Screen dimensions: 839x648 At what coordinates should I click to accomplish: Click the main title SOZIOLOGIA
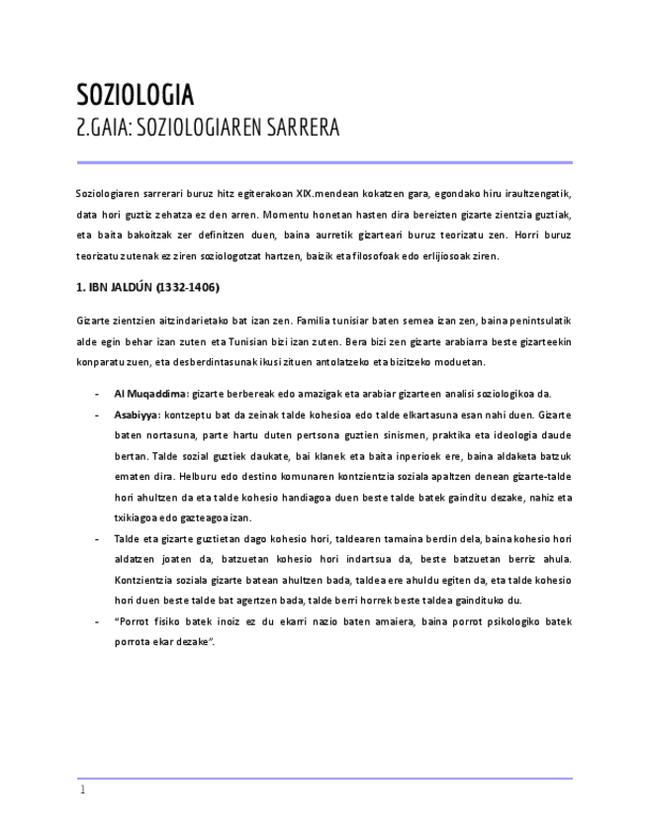pos(136,95)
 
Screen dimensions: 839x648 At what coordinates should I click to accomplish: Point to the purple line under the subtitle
pos(324,162)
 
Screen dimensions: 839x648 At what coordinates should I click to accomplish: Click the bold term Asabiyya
pos(136,415)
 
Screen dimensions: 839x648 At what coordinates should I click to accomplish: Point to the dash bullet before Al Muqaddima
pos(96,394)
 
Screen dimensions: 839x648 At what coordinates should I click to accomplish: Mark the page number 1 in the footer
pos(83,791)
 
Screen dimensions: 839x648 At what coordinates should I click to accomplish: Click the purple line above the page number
pos(324,778)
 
